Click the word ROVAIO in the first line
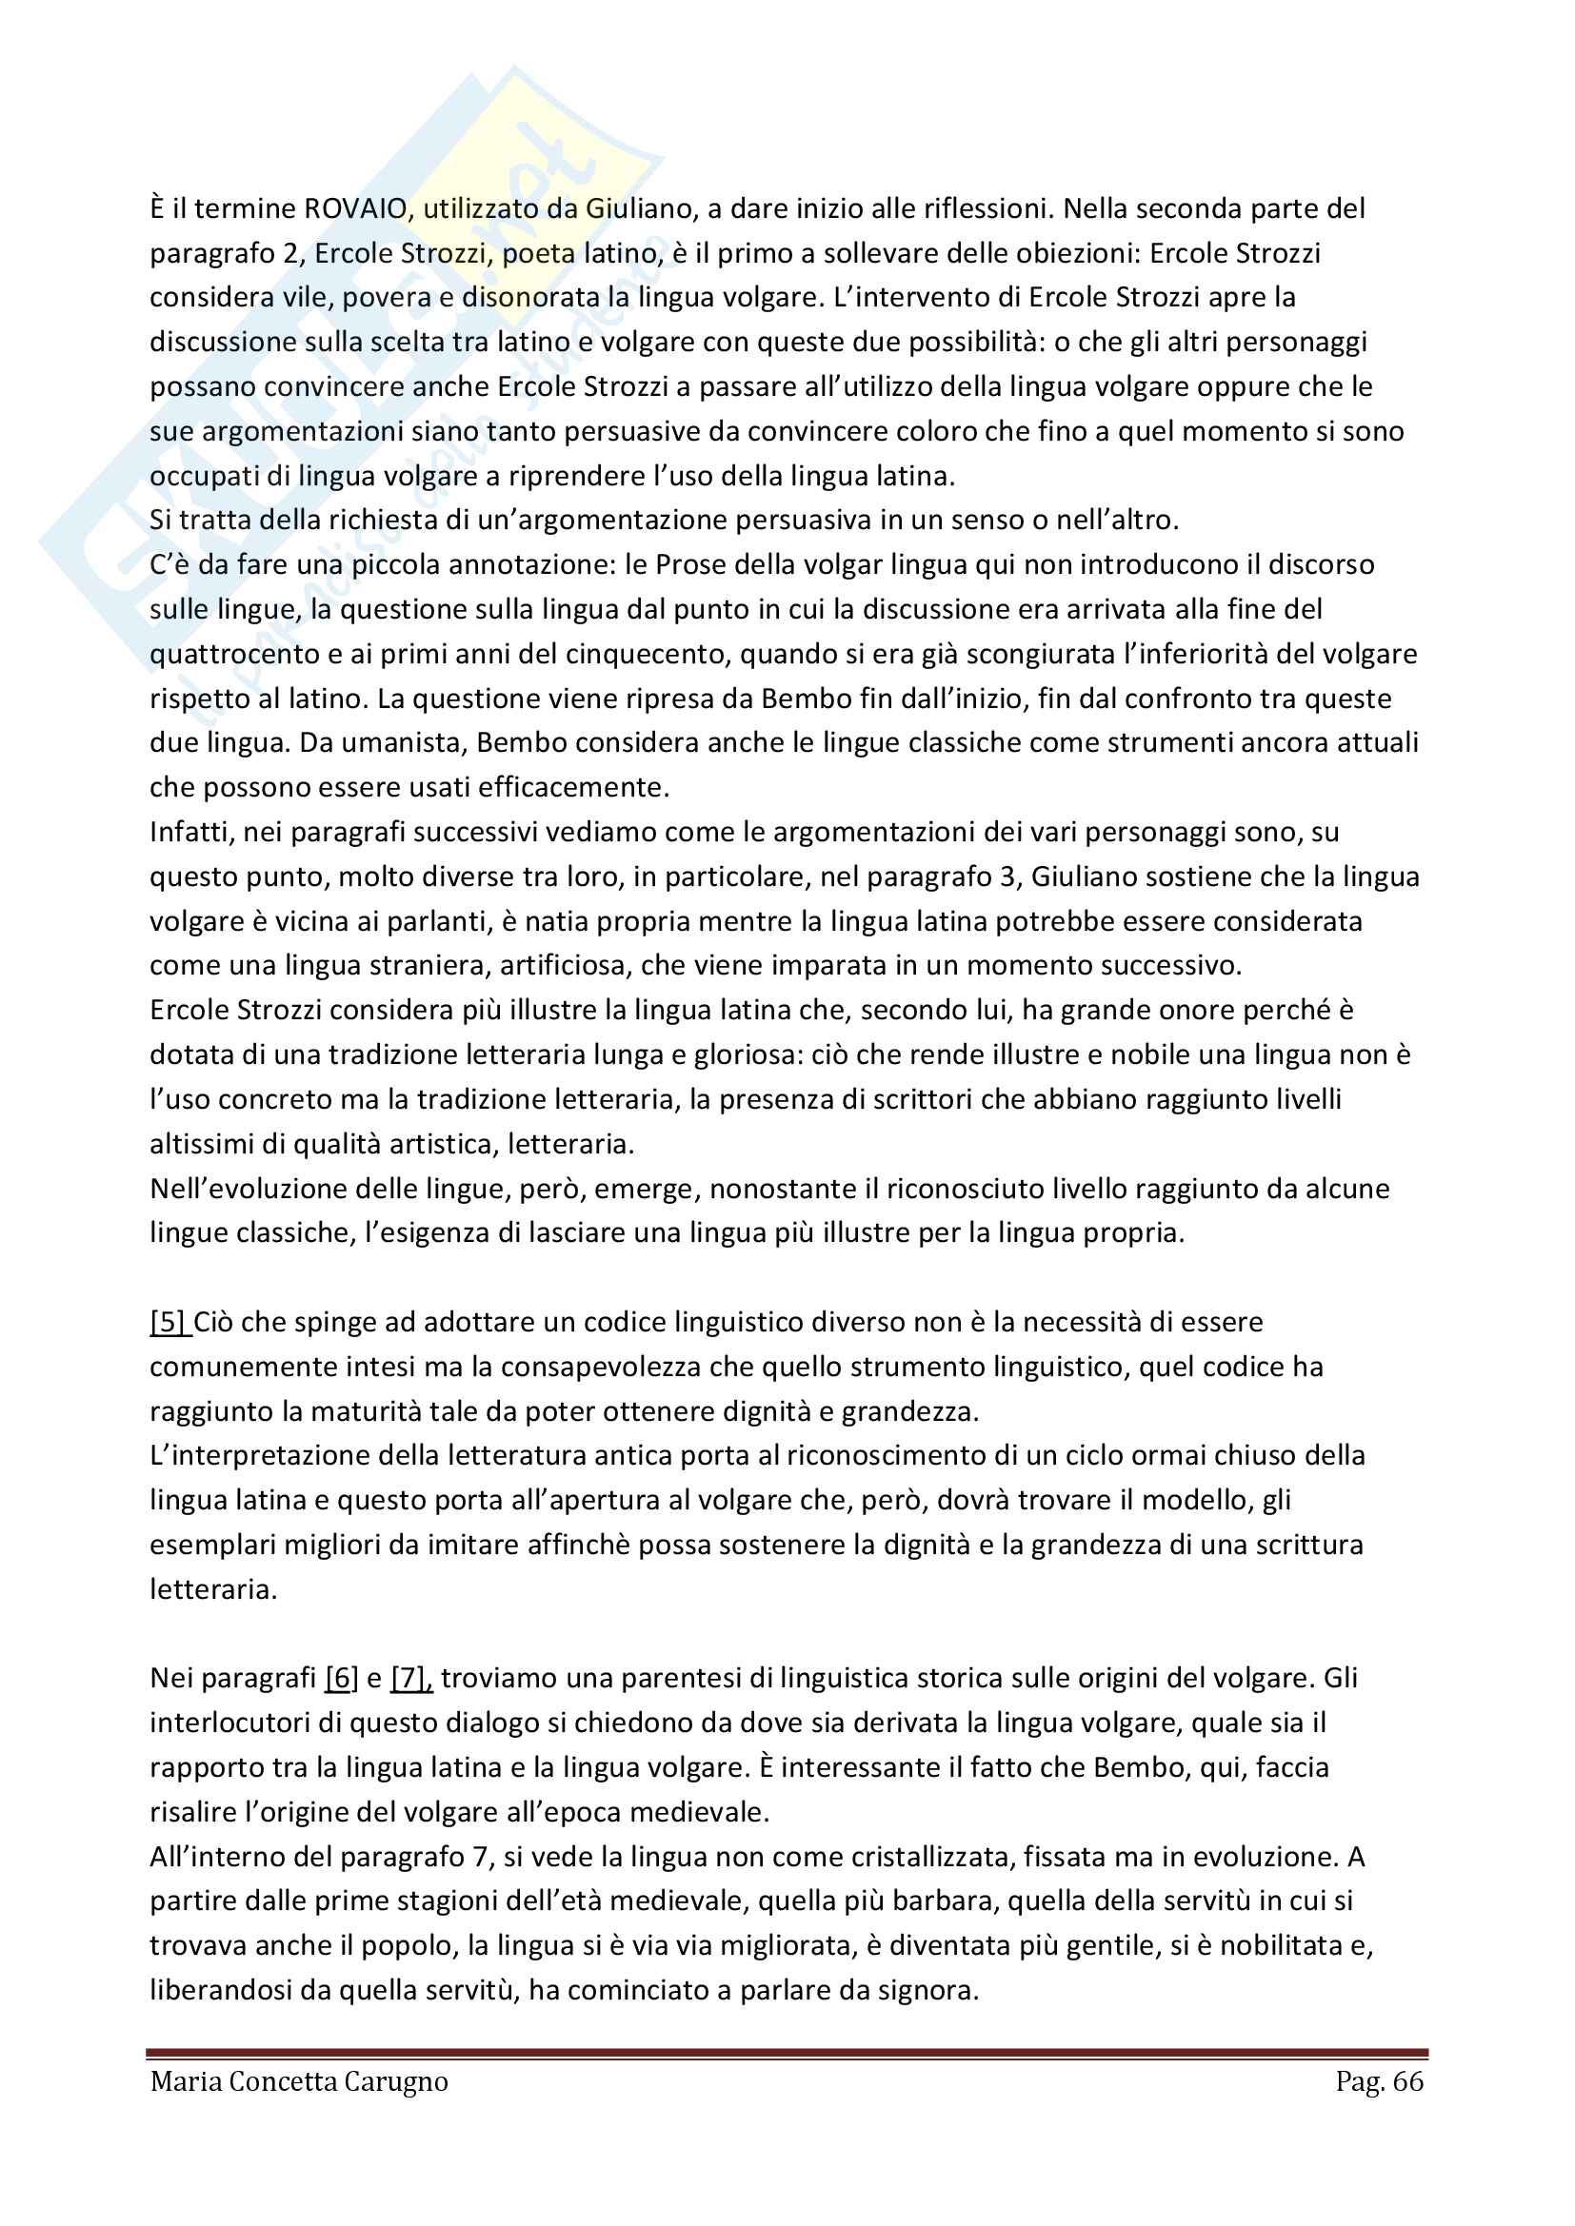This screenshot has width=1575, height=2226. [x=355, y=208]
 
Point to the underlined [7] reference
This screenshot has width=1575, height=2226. [x=410, y=1677]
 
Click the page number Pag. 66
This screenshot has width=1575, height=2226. [x=1379, y=2080]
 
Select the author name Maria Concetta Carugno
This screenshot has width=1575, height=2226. [x=299, y=2080]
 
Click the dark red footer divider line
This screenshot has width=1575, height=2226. [x=787, y=2053]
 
